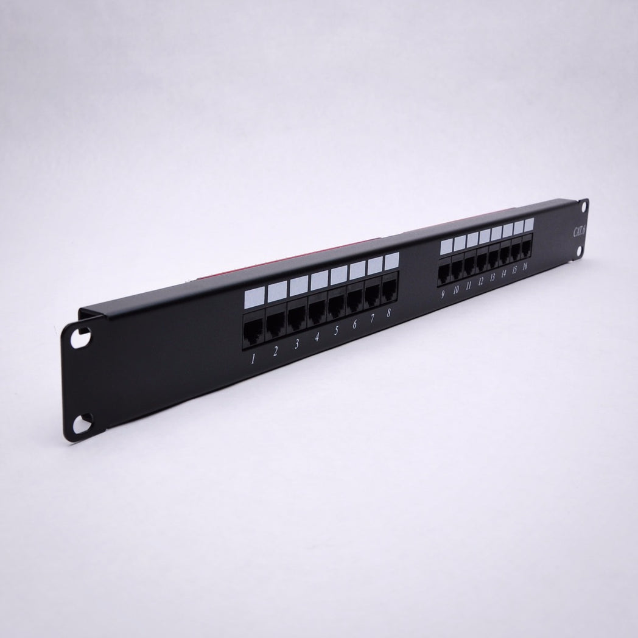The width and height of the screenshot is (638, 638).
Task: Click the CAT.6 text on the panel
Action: (579, 231)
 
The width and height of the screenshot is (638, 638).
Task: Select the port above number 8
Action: (390, 289)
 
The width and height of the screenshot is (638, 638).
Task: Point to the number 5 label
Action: (336, 331)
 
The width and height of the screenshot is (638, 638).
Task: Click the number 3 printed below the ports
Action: (296, 344)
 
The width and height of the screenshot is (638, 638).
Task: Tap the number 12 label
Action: (480, 281)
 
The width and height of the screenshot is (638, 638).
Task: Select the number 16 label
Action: (525, 267)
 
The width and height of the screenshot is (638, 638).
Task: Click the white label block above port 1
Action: (254, 298)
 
